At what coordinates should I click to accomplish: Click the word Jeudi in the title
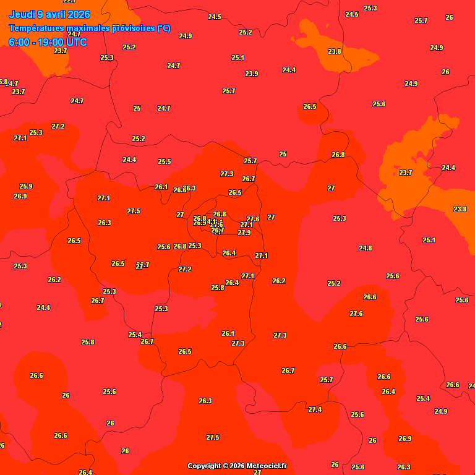pyautogui.click(x=22, y=14)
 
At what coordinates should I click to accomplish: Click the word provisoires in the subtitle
pyautogui.click(x=133, y=28)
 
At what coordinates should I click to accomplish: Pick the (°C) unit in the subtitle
pyautogui.click(x=163, y=28)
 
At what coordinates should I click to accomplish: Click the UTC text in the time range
pyautogui.click(x=77, y=42)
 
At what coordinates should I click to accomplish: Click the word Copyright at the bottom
pyautogui.click(x=205, y=466)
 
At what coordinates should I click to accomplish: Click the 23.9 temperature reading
pyautogui.click(x=251, y=74)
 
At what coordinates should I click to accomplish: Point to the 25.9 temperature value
pyautogui.click(x=25, y=186)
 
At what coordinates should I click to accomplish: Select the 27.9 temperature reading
pyautogui.click(x=244, y=233)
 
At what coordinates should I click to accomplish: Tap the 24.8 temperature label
pyautogui.click(x=365, y=248)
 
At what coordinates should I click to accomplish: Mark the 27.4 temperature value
pyautogui.click(x=315, y=409)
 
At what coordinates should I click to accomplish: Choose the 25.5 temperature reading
pyautogui.click(x=164, y=161)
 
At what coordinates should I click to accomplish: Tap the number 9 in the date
pyautogui.click(x=40, y=14)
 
